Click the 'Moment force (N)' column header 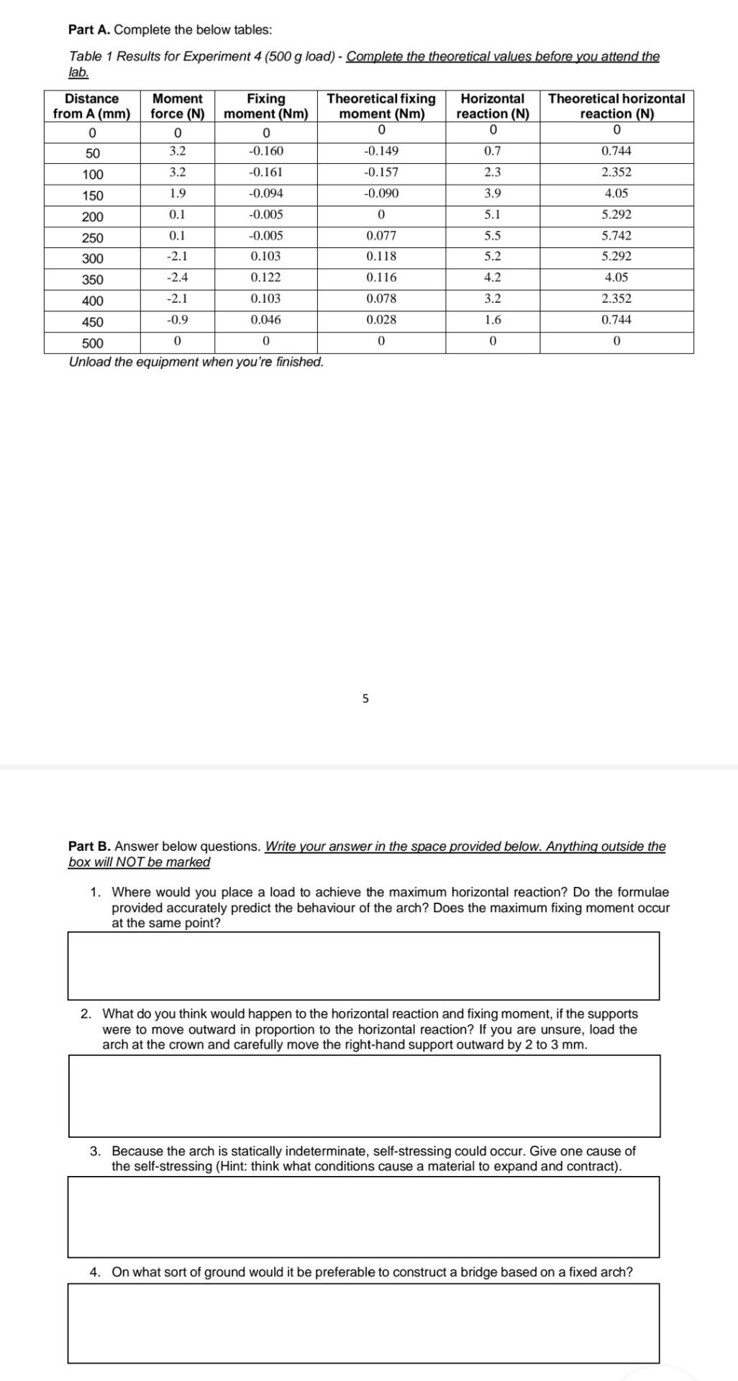pos(178,106)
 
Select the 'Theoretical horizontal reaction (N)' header pos(616,106)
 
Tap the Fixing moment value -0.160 pos(265,151)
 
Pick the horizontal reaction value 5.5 pos(493,236)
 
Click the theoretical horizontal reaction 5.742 pos(616,236)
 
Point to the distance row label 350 pos(93,280)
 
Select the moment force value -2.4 pos(177,278)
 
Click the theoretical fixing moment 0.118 pos(381,257)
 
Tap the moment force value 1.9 pos(177,193)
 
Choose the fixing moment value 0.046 pos(265,320)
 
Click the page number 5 pos(365,698)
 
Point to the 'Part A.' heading pos(90,30)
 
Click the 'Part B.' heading pos(90,847)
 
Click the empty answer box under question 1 pos(363,966)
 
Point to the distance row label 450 pos(93,322)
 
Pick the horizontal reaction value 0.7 pos(493,151)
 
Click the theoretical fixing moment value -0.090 pos(381,193)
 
